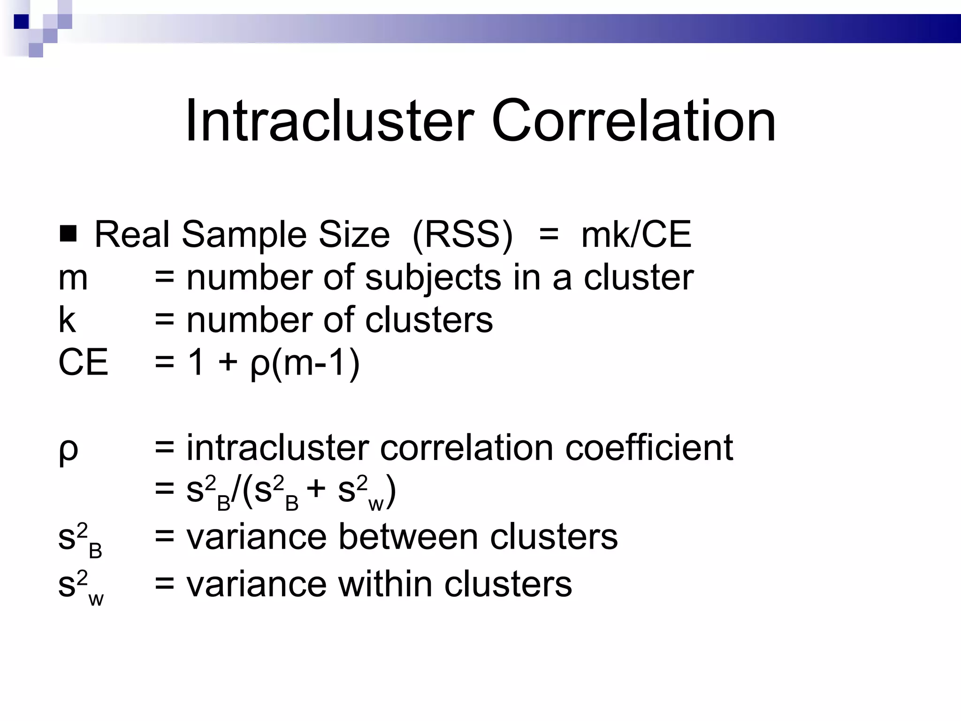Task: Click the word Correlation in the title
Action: (633, 121)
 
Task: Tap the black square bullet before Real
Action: (69, 233)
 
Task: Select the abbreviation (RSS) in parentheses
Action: (463, 235)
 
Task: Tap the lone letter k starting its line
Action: (67, 320)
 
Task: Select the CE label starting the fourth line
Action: (83, 362)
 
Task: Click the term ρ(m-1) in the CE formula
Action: (305, 363)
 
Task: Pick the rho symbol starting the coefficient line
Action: (69, 450)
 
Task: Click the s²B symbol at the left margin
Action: (80, 540)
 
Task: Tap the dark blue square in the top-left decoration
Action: (21, 22)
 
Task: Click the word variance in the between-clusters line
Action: (256, 537)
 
